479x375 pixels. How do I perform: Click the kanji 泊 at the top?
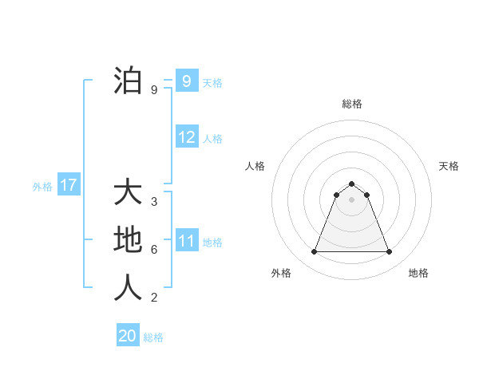click(129, 81)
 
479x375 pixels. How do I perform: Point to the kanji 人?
click(129, 287)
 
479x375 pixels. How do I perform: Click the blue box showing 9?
click(186, 81)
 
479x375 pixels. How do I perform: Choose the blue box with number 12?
click(187, 137)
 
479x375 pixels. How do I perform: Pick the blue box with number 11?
click(187, 241)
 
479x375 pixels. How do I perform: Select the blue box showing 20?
click(128, 336)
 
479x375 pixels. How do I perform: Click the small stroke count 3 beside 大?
click(154, 201)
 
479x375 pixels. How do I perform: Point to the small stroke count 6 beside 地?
click(154, 249)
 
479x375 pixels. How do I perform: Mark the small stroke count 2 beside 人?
click(154, 298)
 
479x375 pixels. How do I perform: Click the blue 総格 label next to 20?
click(153, 337)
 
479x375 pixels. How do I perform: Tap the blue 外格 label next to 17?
click(42, 187)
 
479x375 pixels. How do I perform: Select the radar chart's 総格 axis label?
click(351, 104)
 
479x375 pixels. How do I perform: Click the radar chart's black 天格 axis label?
click(449, 166)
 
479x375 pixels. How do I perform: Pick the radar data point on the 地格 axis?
click(390, 252)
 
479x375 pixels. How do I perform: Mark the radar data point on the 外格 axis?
click(314, 252)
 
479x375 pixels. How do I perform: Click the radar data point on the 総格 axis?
click(351, 184)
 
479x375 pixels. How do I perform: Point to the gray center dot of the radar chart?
click(351, 199)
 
